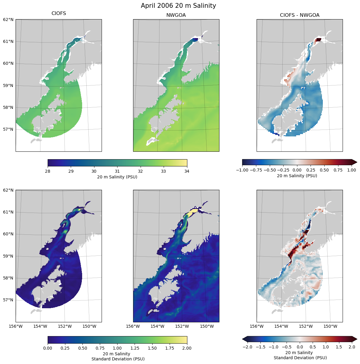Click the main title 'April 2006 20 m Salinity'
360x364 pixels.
coord(178,6)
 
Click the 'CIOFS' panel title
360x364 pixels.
coord(59,13)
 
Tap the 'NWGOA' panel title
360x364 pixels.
coord(176,15)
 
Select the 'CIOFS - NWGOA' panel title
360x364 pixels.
coord(299,15)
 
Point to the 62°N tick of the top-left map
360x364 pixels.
coord(8,19)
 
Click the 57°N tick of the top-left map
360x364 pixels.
coord(8,129)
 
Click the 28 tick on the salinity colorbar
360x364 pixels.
coord(48,171)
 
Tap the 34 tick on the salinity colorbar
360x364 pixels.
coord(187,171)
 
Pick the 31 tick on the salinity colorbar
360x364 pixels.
coord(117,171)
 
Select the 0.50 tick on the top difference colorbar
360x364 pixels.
coord(324,170)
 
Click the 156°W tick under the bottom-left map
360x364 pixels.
coord(16,326)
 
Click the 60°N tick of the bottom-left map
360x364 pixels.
coord(8,234)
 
